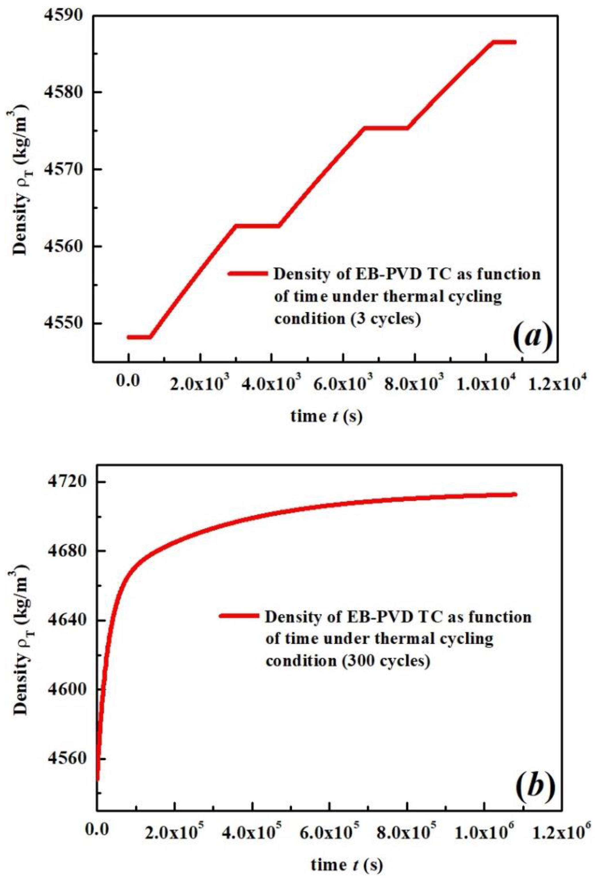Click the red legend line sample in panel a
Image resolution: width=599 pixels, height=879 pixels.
(247, 273)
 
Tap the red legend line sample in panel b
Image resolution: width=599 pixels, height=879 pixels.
(239, 616)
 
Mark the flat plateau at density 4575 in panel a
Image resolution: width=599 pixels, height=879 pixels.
(385, 128)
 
